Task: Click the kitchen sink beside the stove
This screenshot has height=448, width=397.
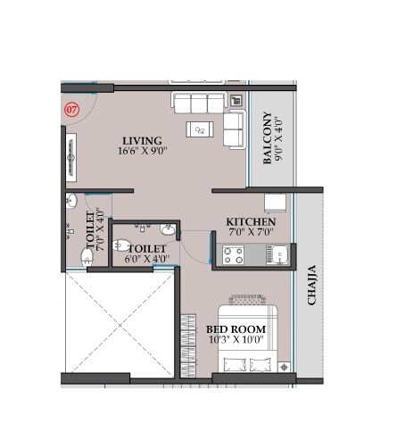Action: coord(278,256)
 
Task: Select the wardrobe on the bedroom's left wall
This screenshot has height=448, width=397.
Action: coord(187,344)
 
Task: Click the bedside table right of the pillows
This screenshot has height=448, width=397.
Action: coord(284,366)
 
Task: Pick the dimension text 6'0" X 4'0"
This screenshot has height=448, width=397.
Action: coord(147,261)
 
